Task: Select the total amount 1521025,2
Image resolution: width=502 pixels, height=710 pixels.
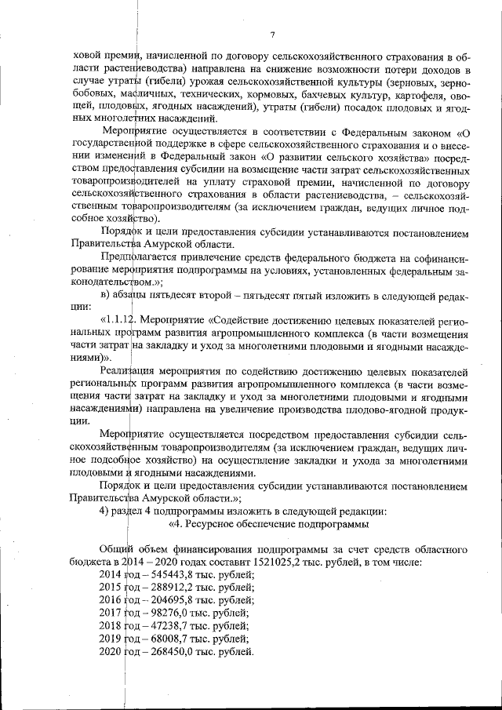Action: pos(311,563)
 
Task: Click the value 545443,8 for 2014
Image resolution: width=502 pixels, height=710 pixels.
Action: pos(166,575)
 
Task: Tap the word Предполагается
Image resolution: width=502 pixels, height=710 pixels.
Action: pos(136,257)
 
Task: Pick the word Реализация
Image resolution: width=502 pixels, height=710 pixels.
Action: pos(129,371)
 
